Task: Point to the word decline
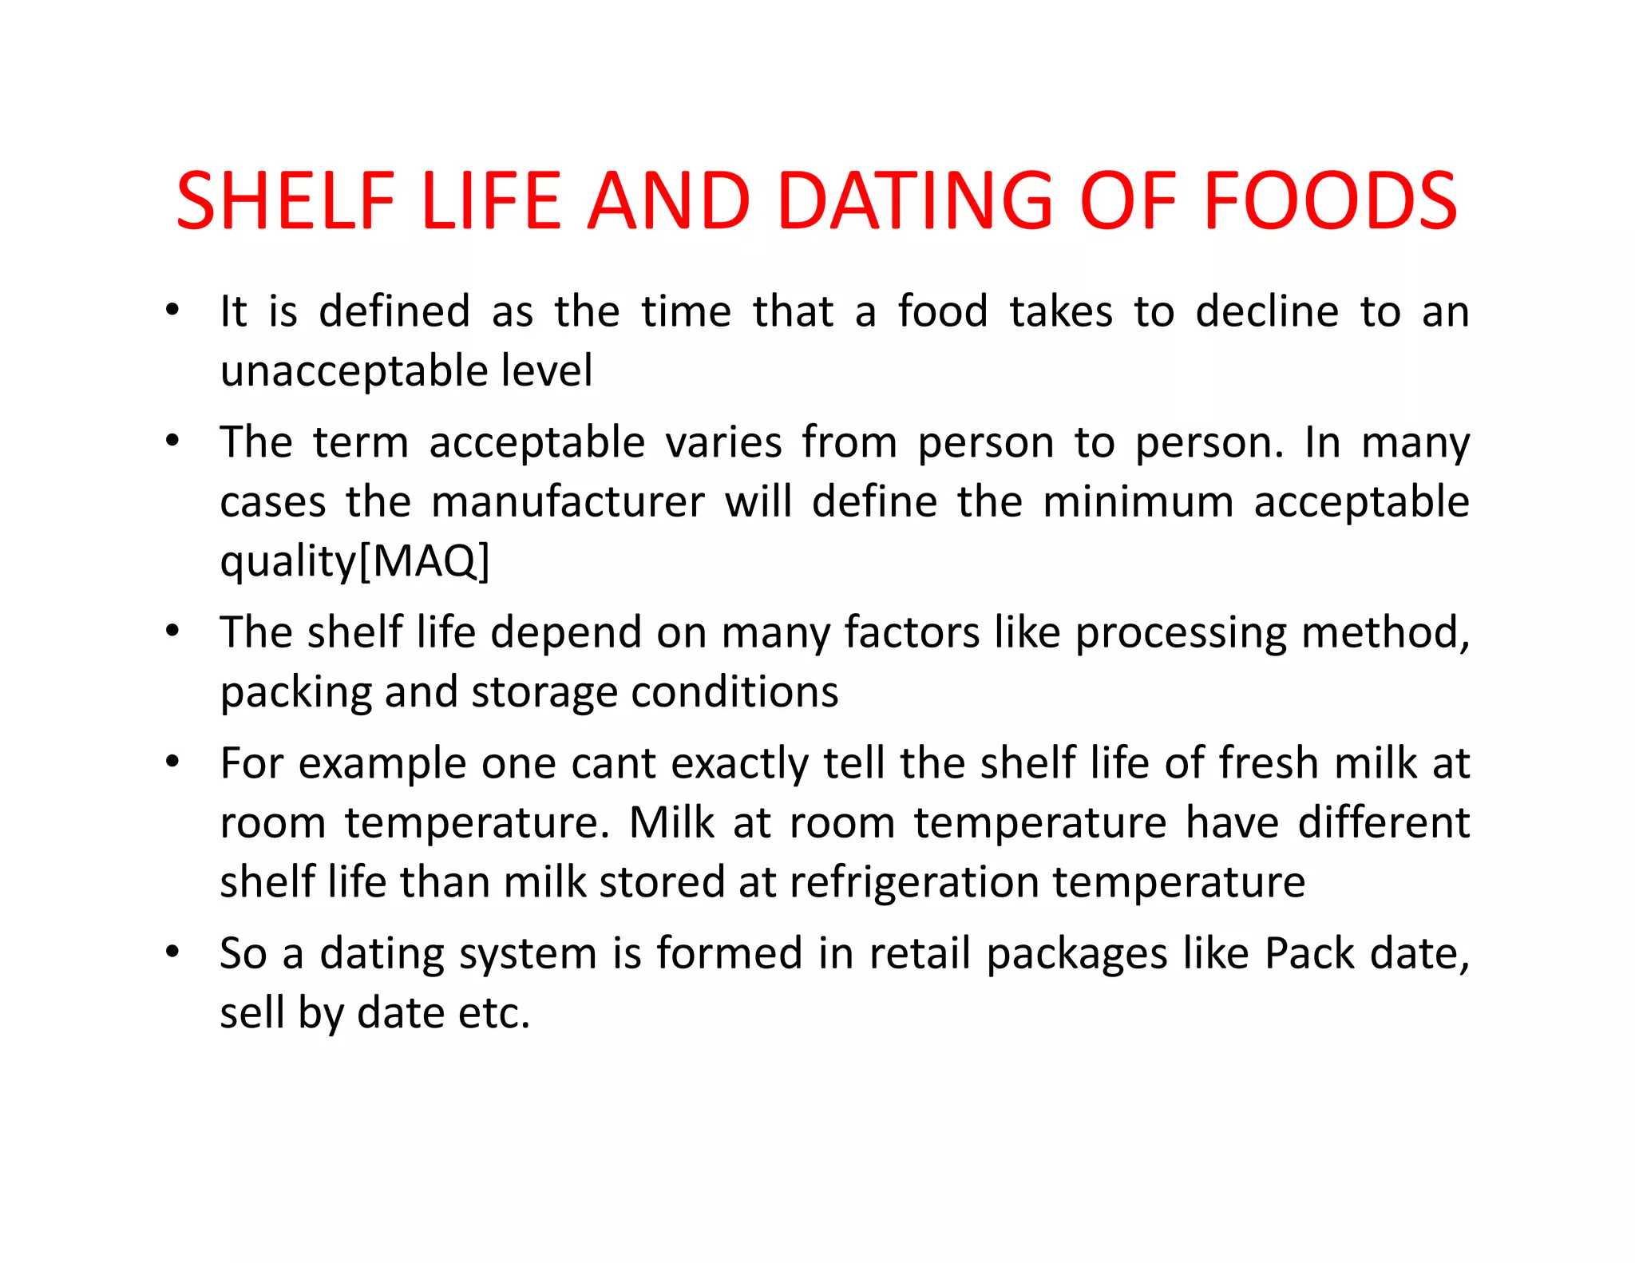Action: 1266,311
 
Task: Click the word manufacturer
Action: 568,502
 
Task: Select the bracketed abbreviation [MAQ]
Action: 424,561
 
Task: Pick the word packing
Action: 295,693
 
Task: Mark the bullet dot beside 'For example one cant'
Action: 172,762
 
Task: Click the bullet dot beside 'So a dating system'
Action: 172,952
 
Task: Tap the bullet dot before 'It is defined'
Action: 172,311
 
